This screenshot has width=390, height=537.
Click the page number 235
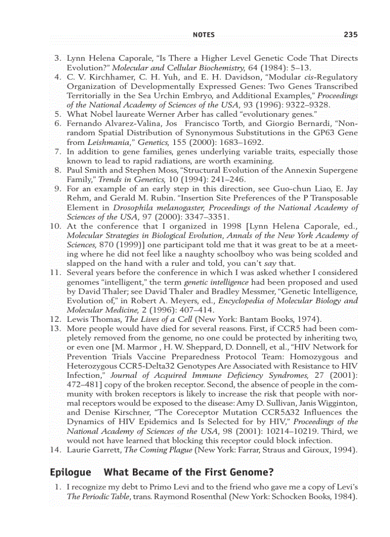[x=350, y=34]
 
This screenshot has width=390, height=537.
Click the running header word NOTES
[x=203, y=35]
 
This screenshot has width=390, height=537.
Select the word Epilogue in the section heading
[x=70, y=472]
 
